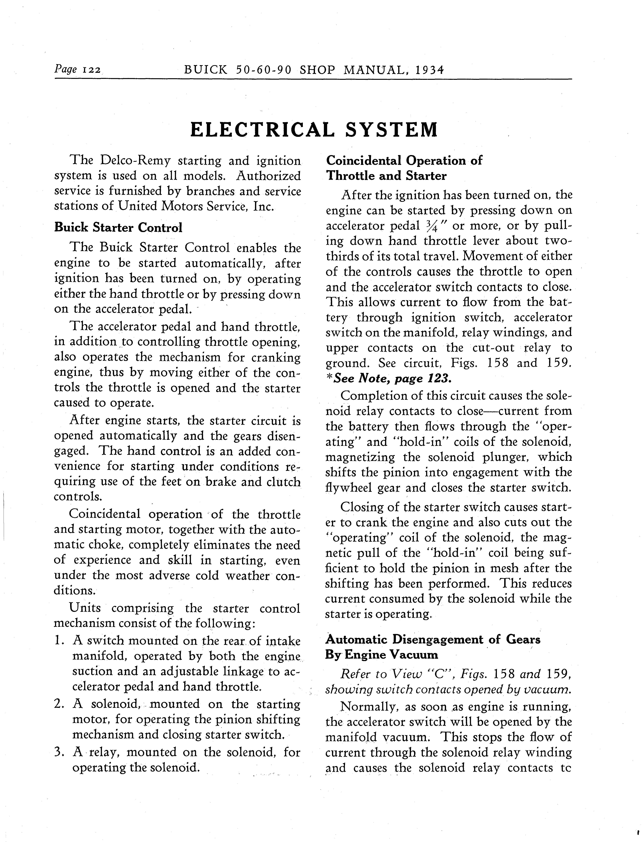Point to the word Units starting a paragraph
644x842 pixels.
pos(85,608)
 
